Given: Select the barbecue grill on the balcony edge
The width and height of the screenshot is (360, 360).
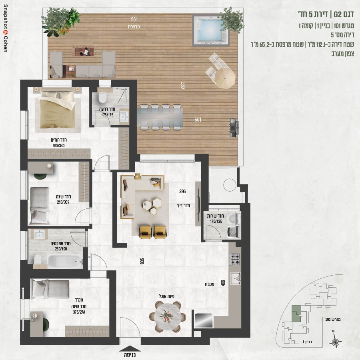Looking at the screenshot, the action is click(234, 128).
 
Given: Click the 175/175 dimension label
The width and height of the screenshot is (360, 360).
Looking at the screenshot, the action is click(107, 115).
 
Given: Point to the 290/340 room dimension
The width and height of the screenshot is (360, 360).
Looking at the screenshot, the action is click(58, 146).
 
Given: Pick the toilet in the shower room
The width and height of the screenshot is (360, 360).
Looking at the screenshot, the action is click(102, 98).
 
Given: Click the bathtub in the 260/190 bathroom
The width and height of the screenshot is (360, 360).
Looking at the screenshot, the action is click(66, 262).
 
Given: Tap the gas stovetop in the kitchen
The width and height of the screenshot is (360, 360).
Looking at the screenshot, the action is click(235, 259).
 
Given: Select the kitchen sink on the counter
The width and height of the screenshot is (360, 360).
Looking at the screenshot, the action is click(236, 278).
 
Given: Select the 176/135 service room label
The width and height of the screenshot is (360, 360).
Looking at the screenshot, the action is click(216, 221).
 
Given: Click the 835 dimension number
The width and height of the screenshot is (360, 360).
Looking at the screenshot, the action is click(142, 261).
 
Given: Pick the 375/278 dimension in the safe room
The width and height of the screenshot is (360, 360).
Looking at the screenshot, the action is click(79, 312).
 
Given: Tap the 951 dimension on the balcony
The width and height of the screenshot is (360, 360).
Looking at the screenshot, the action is click(134, 19).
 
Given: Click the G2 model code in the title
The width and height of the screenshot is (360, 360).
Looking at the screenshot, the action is click(338, 14).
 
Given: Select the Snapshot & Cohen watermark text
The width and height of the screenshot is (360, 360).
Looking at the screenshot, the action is click(6, 28).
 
